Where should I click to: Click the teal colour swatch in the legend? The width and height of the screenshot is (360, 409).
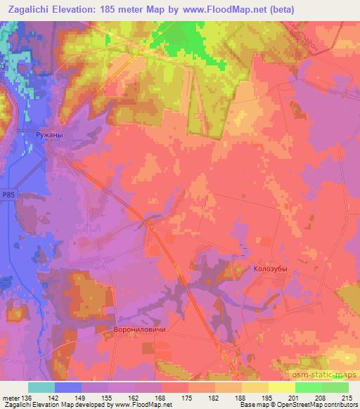point(41,387)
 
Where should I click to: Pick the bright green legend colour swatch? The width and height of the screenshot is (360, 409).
point(309,387)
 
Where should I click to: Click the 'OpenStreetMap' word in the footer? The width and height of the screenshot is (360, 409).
point(290,405)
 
